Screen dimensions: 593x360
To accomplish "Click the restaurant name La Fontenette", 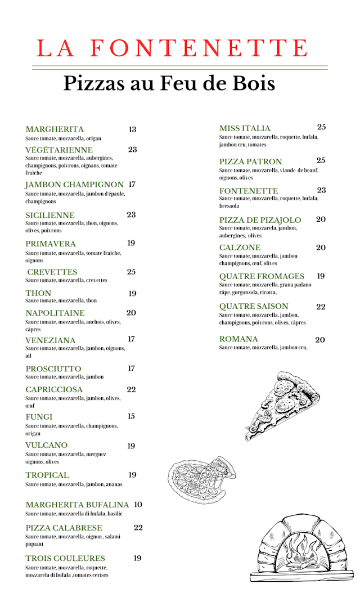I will [172, 48].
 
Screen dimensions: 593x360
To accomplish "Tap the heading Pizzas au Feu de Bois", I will [169, 84].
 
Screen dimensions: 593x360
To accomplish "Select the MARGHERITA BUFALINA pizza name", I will [77, 505].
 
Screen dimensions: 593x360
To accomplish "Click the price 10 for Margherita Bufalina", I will [138, 505].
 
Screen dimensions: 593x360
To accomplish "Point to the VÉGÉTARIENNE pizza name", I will [59, 150].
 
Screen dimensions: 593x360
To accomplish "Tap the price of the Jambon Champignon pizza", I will [132, 185].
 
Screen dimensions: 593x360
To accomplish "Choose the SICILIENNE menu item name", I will [50, 215].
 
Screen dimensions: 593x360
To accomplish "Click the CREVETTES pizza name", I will [52, 272].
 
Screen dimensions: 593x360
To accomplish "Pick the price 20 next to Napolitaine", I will [131, 313].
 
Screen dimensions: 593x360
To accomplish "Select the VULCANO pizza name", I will [46, 446].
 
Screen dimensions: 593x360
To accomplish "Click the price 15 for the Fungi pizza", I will [131, 416].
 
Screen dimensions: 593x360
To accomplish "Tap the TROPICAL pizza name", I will [47, 475].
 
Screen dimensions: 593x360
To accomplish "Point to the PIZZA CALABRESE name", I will [64, 528].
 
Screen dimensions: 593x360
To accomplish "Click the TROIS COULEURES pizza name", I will [65, 558].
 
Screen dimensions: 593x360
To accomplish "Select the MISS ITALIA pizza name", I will [245, 128].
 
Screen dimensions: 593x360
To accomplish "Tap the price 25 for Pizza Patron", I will [321, 161].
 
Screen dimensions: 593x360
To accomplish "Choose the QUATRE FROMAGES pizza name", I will [262, 276].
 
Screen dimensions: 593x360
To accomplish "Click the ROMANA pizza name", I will [238, 339].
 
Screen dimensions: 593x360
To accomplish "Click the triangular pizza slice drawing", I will [280, 403].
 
